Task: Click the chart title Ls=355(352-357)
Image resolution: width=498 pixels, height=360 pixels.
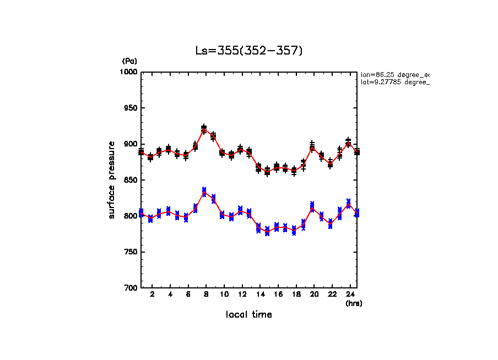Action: pos(249,51)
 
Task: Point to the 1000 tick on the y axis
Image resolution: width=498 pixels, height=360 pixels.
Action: pos(130,72)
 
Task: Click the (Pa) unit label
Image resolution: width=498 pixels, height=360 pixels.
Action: pos(129,61)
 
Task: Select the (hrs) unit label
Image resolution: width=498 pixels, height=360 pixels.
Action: pos(354,303)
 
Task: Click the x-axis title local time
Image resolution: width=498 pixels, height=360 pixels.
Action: pos(249,315)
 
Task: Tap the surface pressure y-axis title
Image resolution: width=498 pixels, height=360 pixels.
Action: pos(112,180)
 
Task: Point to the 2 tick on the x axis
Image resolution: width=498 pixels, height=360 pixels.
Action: pos(151,295)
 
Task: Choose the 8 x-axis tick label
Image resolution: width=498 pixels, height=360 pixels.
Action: pos(205,295)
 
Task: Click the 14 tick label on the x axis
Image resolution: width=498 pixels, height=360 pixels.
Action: pos(259,295)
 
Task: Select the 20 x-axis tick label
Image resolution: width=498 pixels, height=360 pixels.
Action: pos(313,295)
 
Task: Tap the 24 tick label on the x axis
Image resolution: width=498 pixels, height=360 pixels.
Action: pos(349,295)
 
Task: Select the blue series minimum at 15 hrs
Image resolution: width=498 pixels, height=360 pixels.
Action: pos(267,231)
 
